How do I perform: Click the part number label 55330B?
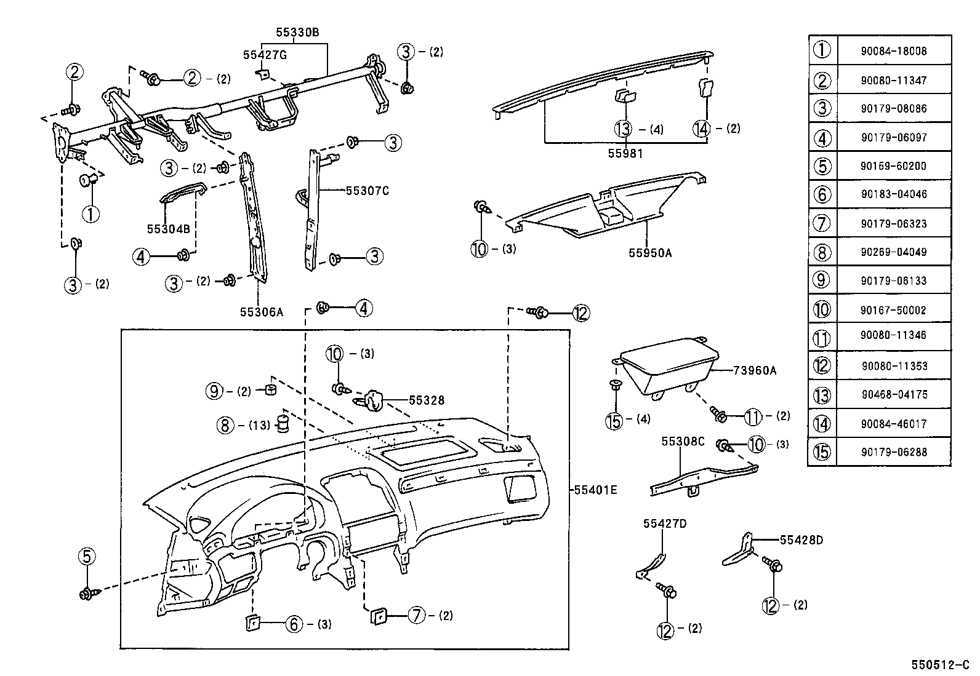(x=297, y=32)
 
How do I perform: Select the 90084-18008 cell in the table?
(x=893, y=51)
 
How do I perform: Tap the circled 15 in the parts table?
(x=822, y=452)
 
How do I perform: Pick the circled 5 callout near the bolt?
(x=87, y=557)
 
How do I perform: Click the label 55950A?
(x=650, y=252)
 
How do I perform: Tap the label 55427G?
(x=265, y=55)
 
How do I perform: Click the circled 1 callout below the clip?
(x=90, y=214)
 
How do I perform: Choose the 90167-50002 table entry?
(x=893, y=310)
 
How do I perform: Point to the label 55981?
(x=625, y=154)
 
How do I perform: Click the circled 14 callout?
(x=701, y=129)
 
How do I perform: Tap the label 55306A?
(x=261, y=312)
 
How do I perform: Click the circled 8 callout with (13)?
(x=226, y=424)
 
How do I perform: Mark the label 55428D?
(x=801, y=540)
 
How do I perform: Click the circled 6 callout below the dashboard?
(x=294, y=624)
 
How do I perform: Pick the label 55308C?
(x=683, y=442)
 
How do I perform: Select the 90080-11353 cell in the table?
(x=893, y=366)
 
